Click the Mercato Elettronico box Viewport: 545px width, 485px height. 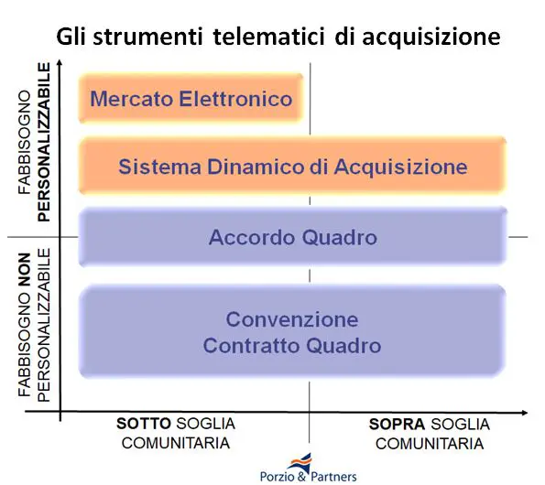[x=191, y=98]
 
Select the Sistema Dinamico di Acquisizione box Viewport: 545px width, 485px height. [x=292, y=166]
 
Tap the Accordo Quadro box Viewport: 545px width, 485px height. [x=292, y=237]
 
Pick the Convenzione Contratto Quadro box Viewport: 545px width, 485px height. [x=292, y=331]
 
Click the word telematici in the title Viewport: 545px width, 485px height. [x=268, y=37]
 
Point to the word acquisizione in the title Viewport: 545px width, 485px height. [x=431, y=38]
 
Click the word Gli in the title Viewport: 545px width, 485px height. [x=71, y=37]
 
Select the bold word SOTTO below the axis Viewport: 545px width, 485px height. [x=144, y=424]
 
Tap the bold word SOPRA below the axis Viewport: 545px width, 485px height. [x=397, y=425]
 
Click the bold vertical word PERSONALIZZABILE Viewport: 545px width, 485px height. [x=44, y=143]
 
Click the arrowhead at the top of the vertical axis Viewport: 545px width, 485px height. [x=60, y=62]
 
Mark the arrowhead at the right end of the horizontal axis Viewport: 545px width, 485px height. [x=525, y=413]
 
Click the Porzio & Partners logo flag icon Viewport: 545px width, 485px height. [x=300, y=461]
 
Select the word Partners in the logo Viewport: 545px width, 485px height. [x=333, y=477]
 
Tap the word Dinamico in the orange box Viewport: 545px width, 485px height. [x=256, y=167]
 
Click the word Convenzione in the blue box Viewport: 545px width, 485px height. [x=292, y=319]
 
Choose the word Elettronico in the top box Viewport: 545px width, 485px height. [x=235, y=99]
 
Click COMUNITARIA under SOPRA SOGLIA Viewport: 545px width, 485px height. [x=430, y=444]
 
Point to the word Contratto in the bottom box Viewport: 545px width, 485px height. [x=252, y=346]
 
